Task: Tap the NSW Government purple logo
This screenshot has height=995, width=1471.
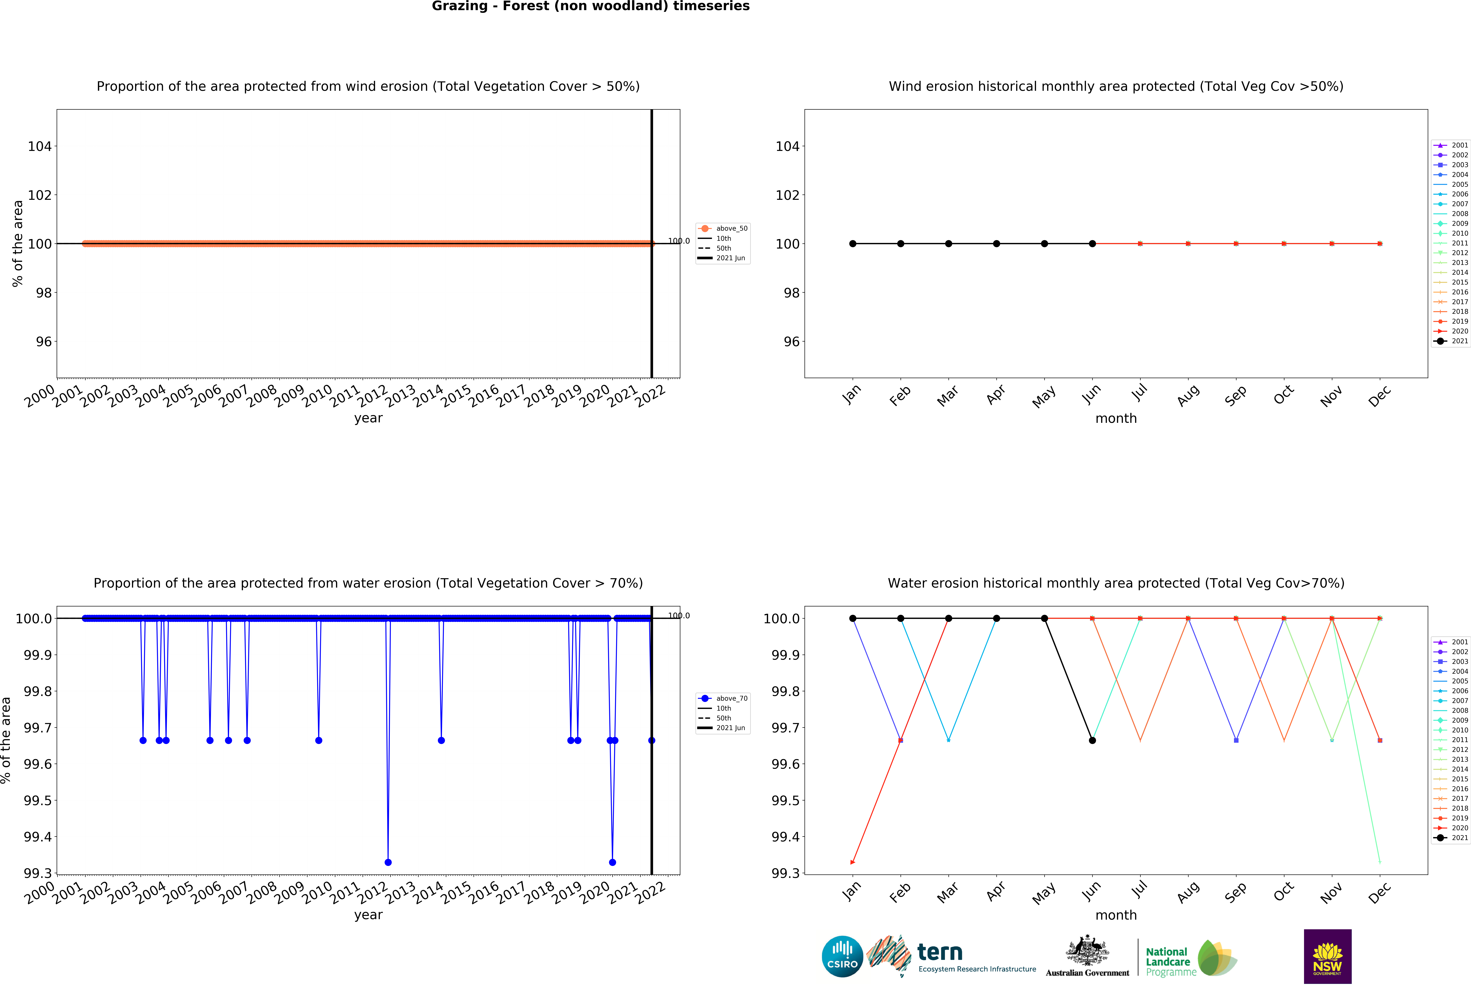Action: [1327, 956]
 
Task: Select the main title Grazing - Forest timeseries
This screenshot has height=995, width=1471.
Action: [591, 6]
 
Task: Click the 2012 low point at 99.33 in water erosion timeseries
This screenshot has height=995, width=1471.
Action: [388, 862]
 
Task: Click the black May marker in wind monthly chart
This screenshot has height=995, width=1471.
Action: [1044, 244]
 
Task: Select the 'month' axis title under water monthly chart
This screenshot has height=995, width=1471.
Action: [1116, 915]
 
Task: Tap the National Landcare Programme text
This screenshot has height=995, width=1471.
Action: [1170, 961]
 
